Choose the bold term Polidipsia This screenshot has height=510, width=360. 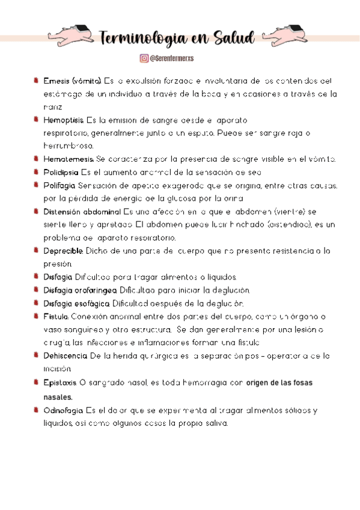pyautogui.click(x=61, y=173)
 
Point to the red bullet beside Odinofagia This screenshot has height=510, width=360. pyautogui.click(x=37, y=410)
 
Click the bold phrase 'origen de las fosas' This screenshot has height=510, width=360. pyautogui.click(x=279, y=382)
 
